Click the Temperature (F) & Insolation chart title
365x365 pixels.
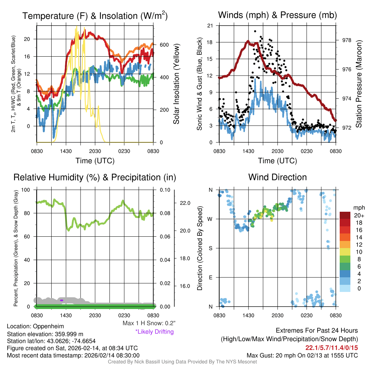point(95,16)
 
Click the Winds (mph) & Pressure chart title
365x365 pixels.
point(277,15)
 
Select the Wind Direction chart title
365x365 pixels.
point(277,177)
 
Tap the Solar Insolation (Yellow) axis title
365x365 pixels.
point(176,84)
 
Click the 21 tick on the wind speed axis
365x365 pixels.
point(210,25)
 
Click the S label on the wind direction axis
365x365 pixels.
point(211,248)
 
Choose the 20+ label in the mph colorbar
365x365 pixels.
point(358,215)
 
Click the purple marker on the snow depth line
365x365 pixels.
point(62,300)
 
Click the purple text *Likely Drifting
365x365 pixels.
point(154,332)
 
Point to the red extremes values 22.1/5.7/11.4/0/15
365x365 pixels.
point(331,348)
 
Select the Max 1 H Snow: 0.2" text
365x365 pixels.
point(149,323)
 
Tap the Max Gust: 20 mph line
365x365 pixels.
point(302,355)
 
